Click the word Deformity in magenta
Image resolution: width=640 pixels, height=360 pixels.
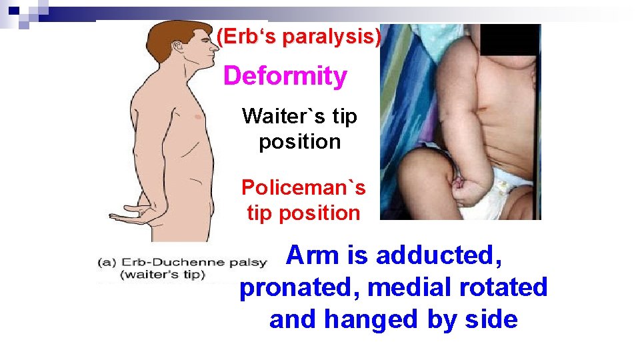click(x=285, y=76)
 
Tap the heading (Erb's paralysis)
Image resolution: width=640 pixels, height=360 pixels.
click(x=298, y=37)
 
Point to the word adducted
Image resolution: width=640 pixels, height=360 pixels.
click(x=439, y=255)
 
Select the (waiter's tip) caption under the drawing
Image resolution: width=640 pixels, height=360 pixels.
click(x=163, y=275)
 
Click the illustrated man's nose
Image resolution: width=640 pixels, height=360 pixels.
click(x=215, y=48)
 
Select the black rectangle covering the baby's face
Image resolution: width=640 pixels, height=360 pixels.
click(x=509, y=39)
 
